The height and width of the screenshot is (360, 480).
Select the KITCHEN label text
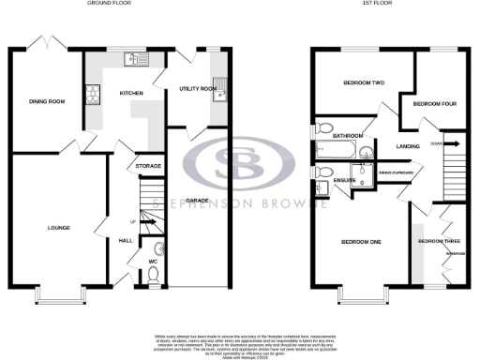129,94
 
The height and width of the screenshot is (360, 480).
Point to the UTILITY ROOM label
197,89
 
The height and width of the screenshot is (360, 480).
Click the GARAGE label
197,201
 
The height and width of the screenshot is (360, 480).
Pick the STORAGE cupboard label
148,166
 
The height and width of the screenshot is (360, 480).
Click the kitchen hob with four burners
94,94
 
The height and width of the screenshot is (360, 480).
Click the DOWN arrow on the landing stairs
450,144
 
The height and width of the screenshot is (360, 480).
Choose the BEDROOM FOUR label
435,102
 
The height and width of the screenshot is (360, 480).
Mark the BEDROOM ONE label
360,243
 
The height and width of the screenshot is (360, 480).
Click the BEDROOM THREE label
436,241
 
